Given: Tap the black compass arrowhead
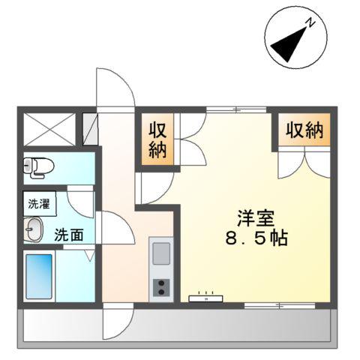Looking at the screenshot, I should (x=285, y=47).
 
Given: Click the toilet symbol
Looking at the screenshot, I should (x=35, y=167).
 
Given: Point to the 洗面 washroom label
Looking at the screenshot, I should (x=68, y=234).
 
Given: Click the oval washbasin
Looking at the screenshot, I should (x=33, y=229).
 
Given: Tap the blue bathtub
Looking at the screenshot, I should (x=39, y=277).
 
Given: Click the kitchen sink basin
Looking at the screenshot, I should (x=161, y=254).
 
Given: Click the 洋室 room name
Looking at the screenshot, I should (x=254, y=219).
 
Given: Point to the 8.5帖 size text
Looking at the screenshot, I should (x=255, y=241).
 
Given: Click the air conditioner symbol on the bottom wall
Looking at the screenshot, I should (x=207, y=298).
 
